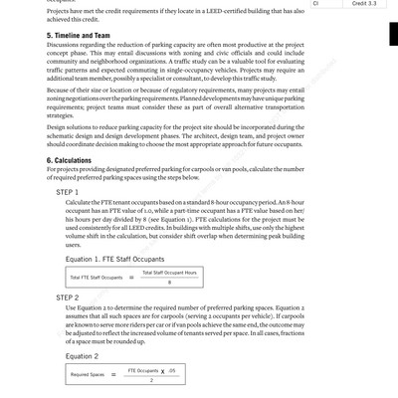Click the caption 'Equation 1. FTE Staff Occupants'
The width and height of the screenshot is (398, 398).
pos(114,258)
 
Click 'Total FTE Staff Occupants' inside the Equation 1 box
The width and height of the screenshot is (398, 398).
pos(97,278)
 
